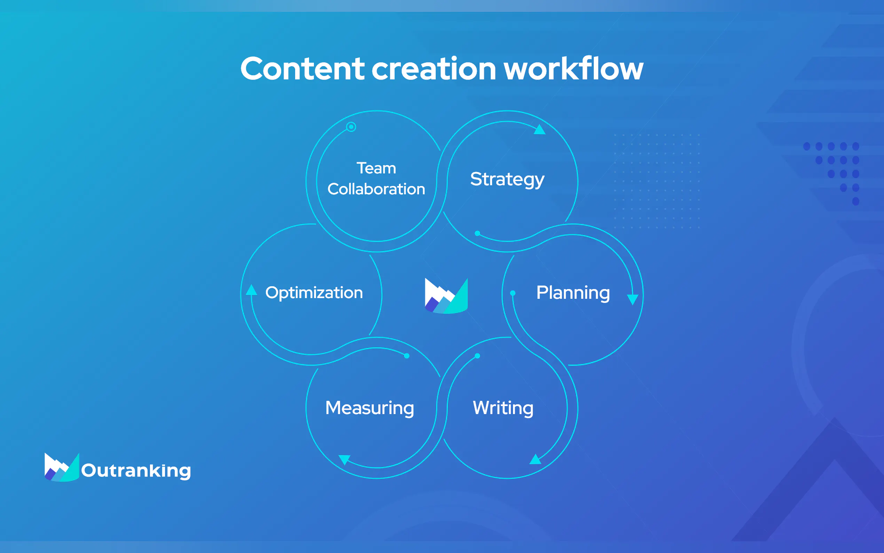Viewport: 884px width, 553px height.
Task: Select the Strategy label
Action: pyautogui.click(x=507, y=180)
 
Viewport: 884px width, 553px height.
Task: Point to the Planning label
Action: pyautogui.click(x=573, y=293)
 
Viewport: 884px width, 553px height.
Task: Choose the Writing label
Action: pyautogui.click(x=503, y=408)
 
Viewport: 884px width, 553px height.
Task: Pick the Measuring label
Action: pyautogui.click(x=370, y=408)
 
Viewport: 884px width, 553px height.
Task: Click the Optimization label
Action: pyautogui.click(x=314, y=293)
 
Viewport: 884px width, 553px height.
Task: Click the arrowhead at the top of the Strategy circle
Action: pyautogui.click(x=539, y=130)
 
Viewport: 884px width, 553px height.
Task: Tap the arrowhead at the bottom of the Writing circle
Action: pyautogui.click(x=535, y=459)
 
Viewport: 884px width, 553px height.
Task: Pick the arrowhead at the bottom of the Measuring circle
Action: pyautogui.click(x=344, y=460)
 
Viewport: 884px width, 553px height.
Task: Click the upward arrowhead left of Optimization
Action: pyautogui.click(x=251, y=290)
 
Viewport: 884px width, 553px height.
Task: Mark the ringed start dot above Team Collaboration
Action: pyautogui.click(x=351, y=127)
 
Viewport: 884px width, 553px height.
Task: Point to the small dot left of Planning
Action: pyautogui.click(x=513, y=293)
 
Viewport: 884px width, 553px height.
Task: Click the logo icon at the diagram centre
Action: pyautogui.click(x=446, y=296)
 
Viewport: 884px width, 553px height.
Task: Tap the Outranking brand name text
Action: pyautogui.click(x=136, y=471)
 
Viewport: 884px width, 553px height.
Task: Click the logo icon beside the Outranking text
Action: pyautogui.click(x=62, y=467)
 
